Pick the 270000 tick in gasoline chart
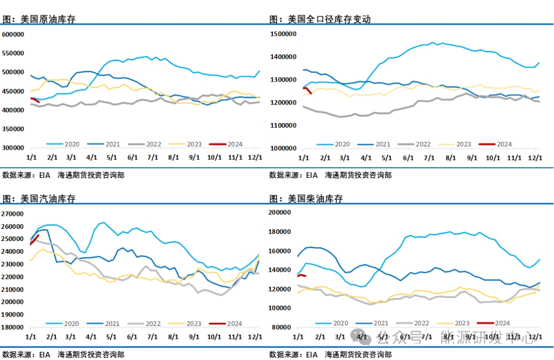click(x=13, y=214)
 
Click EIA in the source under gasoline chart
click(x=45, y=354)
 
